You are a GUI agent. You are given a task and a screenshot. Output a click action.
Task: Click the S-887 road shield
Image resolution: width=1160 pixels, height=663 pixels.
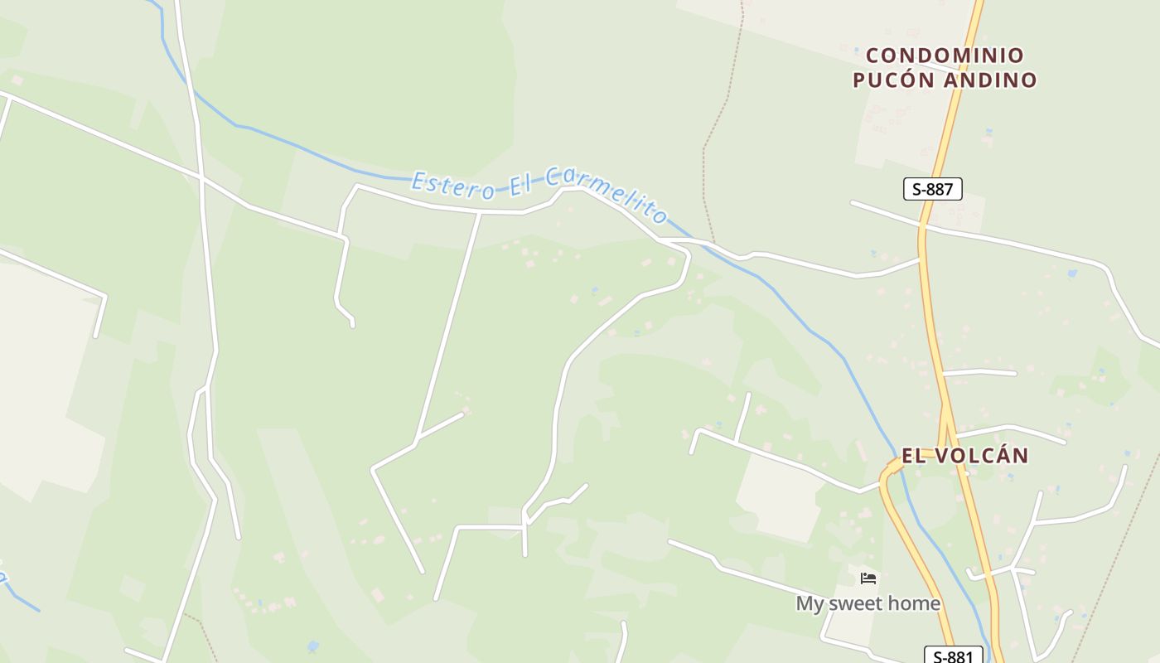pos(932,189)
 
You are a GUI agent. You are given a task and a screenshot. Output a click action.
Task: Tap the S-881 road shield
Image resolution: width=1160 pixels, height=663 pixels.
pos(953,656)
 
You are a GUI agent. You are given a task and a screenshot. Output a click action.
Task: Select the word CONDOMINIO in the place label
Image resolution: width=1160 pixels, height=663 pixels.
pos(945,56)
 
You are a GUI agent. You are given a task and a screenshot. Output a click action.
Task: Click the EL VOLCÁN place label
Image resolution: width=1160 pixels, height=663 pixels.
pos(964,456)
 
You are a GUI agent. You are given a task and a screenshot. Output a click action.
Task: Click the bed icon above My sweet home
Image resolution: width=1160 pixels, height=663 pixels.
pos(868,578)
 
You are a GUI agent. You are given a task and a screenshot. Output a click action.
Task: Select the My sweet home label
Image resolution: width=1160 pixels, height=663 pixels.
pos(868,603)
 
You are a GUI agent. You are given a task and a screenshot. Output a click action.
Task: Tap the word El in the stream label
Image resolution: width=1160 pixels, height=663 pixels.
pos(519,184)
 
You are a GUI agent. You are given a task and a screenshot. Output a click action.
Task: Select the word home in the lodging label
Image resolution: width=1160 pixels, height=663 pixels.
pos(916,603)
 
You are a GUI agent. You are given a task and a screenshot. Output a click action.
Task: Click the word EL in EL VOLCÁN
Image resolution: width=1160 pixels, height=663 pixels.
pos(912,456)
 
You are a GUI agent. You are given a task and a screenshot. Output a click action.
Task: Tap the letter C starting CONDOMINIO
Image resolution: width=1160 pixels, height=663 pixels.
pos(872,56)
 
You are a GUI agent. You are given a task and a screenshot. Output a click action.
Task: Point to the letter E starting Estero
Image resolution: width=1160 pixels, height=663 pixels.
pos(419,179)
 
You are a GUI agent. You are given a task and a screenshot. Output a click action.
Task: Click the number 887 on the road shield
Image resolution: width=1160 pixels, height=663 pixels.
pos(940,189)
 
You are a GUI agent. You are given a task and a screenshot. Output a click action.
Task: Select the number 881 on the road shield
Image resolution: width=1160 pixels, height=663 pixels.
pos(960,656)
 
